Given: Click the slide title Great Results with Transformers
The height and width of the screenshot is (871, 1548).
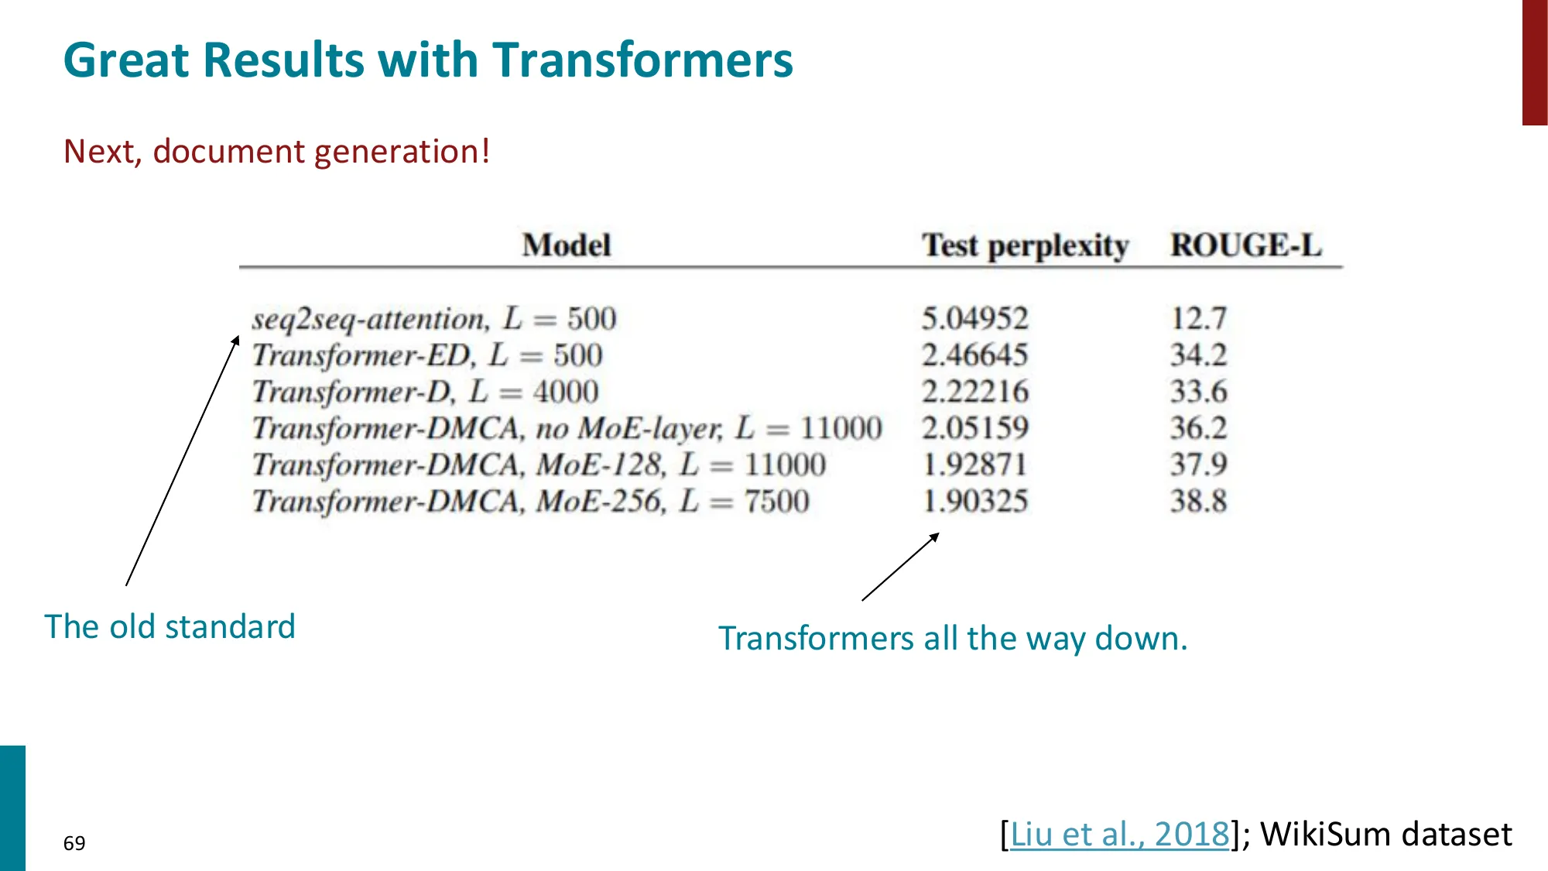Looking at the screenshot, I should tap(428, 60).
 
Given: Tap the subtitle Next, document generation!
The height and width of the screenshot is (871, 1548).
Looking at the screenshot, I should tap(276, 151).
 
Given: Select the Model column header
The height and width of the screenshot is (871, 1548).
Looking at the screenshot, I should tap(567, 245).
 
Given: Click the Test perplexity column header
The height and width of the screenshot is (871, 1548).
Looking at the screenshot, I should tap(1025, 245).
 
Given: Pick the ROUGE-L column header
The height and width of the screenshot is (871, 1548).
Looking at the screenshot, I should tap(1245, 245).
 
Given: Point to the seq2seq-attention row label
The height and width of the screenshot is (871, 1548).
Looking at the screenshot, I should tap(433, 319).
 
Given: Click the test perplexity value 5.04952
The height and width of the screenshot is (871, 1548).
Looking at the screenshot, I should tap(974, 319).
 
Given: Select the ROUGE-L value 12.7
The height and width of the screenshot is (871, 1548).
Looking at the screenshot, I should tap(1198, 319).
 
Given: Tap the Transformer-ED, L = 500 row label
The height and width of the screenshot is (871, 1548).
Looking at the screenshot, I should tap(427, 355).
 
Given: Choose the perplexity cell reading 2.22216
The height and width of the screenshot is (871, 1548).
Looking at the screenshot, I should tap(974, 392).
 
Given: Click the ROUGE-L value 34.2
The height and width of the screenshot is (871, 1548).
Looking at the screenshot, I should tap(1198, 355).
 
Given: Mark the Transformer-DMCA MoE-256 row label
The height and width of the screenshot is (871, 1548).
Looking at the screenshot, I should tap(531, 502).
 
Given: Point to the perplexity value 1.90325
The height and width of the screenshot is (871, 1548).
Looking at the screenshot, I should tap(974, 502).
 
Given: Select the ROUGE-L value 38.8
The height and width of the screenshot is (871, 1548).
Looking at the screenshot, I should tap(1198, 502).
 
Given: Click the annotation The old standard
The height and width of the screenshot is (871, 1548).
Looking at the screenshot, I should tap(170, 626).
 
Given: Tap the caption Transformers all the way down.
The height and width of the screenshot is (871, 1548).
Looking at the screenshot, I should tap(953, 639).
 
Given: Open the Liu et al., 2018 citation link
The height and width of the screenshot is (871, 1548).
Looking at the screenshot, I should tap(1119, 834).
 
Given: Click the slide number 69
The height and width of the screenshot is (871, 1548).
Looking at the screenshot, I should tap(74, 843).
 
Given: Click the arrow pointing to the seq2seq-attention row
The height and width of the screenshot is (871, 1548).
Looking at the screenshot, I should tap(183, 461).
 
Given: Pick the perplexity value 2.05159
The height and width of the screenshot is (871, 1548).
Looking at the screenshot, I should tap(974, 428).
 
